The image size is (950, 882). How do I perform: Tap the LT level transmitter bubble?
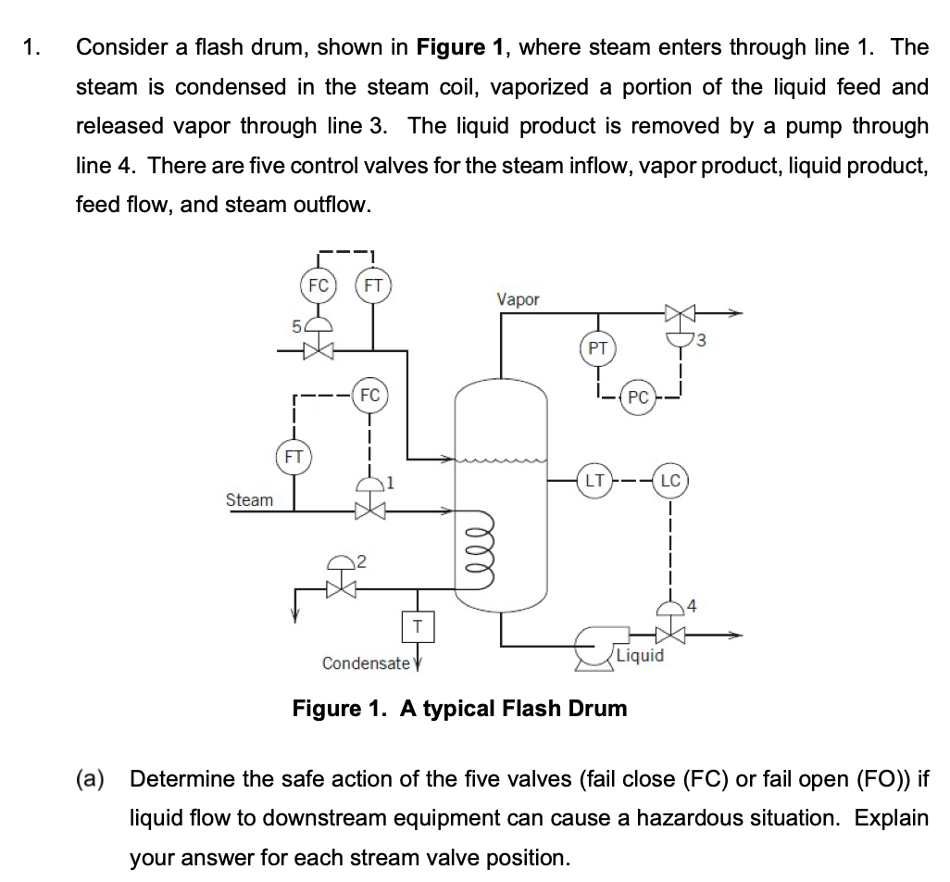[594, 481]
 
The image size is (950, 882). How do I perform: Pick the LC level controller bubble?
[670, 481]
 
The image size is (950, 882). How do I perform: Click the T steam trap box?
[418, 627]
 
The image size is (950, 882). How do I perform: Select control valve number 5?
[319, 350]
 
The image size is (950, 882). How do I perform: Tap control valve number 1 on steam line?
[369, 509]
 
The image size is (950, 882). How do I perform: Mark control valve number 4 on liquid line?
[669, 636]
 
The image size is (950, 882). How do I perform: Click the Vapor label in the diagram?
[518, 299]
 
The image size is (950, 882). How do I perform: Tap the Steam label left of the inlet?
[249, 500]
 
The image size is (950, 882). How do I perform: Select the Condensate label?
[365, 663]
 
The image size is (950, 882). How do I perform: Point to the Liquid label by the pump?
[640, 656]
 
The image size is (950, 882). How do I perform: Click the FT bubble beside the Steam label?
[293, 457]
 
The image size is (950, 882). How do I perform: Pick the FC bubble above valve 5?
[318, 285]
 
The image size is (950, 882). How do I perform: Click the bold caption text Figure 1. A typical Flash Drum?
[459, 709]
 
